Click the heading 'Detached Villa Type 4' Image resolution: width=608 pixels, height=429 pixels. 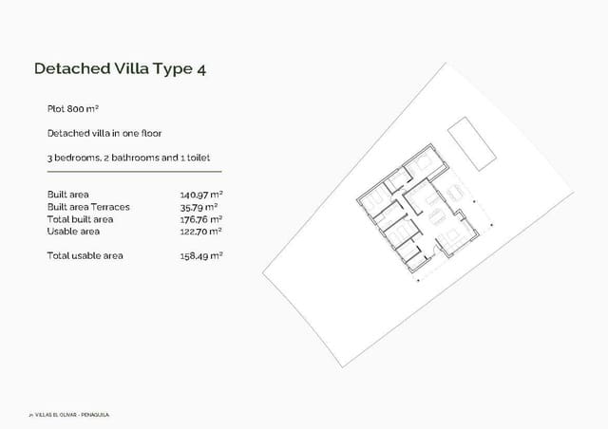120,68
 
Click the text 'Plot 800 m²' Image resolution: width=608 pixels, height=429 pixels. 73,109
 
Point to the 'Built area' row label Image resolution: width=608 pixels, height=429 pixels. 67,194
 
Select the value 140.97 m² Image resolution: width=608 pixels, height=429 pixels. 200,194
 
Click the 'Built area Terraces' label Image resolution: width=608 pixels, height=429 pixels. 88,206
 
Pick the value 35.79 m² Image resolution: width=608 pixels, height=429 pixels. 199,206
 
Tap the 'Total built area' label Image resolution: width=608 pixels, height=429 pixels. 80,218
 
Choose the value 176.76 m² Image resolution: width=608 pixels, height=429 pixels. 200,218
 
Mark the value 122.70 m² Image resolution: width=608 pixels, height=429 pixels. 200,231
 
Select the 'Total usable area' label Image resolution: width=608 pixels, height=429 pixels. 85,255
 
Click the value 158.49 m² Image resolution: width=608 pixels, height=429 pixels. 200,255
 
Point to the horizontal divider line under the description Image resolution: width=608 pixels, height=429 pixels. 134,172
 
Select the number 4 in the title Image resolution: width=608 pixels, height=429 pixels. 200,68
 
